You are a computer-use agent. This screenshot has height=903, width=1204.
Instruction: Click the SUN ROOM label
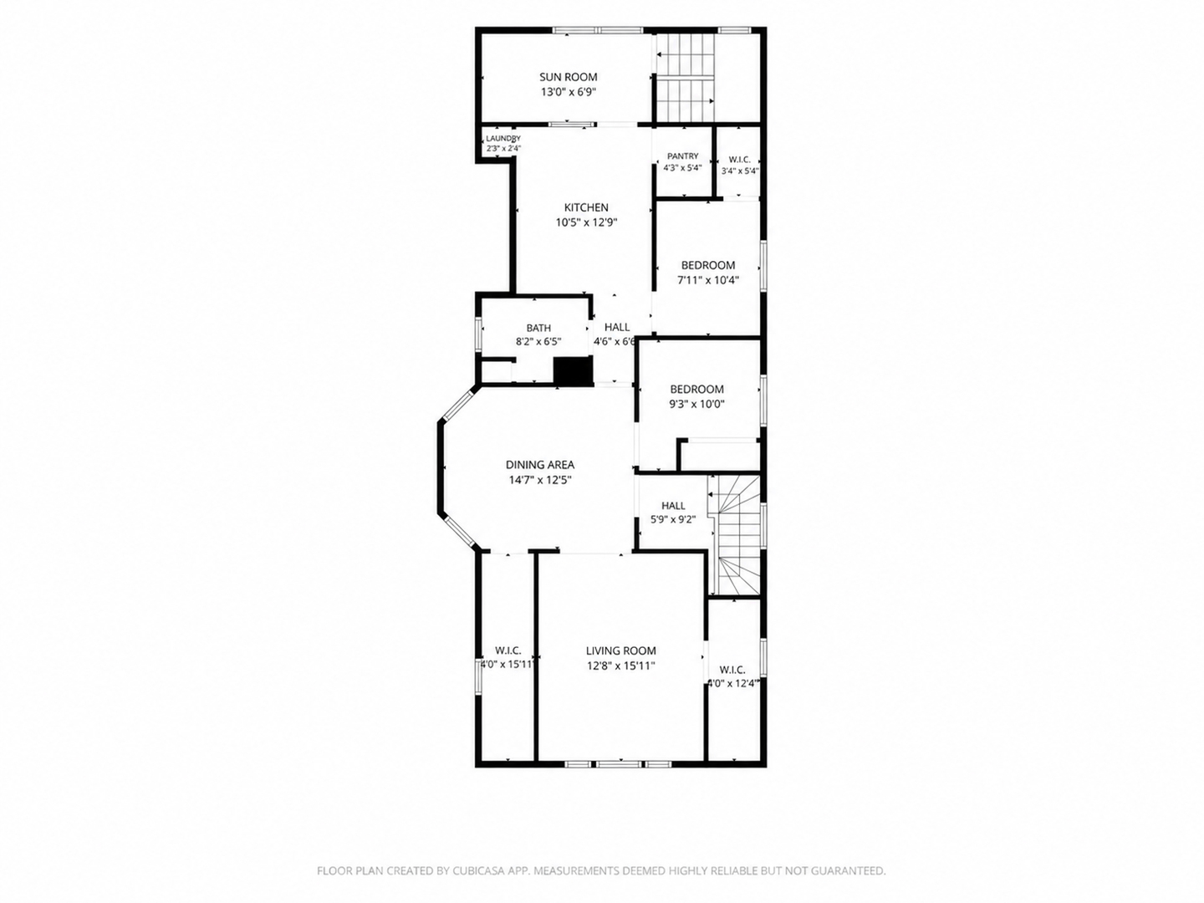[569, 77]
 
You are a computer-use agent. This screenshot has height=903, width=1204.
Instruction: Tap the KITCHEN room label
[586, 207]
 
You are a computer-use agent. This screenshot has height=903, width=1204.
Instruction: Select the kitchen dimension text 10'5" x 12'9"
[586, 222]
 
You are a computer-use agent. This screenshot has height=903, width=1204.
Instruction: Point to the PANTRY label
[682, 156]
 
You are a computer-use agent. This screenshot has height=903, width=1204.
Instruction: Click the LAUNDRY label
[503, 138]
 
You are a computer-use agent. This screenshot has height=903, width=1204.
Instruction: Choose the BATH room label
[538, 328]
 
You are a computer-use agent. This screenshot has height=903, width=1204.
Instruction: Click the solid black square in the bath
[574, 371]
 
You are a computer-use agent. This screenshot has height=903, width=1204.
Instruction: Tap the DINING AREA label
[540, 465]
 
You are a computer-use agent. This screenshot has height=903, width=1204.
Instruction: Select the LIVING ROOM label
[621, 650]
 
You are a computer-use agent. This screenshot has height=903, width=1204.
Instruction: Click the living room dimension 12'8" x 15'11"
[621, 666]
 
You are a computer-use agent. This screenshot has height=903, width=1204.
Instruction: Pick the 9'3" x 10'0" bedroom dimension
[697, 405]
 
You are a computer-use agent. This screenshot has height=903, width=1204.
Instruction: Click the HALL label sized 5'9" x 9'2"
[673, 506]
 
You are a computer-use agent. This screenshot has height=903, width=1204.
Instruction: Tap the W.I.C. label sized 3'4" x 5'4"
[739, 160]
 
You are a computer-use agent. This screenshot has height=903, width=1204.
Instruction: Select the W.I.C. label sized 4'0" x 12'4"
[732, 670]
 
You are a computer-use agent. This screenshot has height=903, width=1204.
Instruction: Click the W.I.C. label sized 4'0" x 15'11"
[508, 650]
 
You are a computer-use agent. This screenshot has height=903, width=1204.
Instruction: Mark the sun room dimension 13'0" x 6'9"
[569, 92]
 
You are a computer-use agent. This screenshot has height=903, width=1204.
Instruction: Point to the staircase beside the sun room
[686, 77]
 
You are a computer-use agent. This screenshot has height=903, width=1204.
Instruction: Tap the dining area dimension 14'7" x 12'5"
[540, 480]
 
